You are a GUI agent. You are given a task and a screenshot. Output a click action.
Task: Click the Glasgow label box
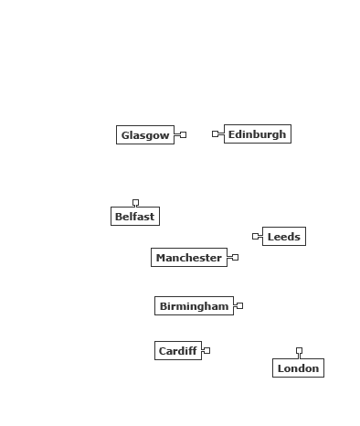click(x=145, y=134)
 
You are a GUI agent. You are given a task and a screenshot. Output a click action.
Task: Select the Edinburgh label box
click(x=258, y=133)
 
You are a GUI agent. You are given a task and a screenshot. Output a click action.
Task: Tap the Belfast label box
click(x=135, y=217)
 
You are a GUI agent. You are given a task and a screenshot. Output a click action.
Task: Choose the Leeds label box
click(x=284, y=236)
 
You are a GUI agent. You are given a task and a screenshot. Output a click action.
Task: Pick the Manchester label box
click(x=189, y=258)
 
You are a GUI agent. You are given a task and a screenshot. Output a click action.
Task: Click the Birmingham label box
click(x=195, y=306)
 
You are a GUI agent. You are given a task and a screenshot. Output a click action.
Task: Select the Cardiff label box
click(x=178, y=351)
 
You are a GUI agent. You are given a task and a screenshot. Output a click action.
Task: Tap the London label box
click(x=299, y=368)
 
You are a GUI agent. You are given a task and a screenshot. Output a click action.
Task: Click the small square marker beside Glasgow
click(x=183, y=134)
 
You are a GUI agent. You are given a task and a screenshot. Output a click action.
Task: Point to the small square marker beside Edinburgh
click(x=216, y=133)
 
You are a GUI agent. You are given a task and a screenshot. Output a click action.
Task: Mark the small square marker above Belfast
click(x=135, y=203)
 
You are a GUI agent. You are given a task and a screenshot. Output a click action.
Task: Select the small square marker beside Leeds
click(x=256, y=236)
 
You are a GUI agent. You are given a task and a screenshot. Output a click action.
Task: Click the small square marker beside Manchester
click(x=235, y=258)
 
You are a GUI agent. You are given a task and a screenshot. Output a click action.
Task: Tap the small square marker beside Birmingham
click(x=239, y=305)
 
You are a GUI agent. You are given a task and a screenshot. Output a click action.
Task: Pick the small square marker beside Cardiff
click(x=206, y=351)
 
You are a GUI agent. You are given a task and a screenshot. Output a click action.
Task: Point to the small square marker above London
click(x=300, y=351)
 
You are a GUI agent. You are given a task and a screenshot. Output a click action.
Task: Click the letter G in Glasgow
click(x=124, y=135)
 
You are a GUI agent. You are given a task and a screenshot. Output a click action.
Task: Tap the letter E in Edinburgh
click(x=231, y=134)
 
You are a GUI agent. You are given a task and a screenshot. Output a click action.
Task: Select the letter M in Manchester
click(x=160, y=258)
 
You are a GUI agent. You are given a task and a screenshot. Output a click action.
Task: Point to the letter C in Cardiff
click(x=162, y=351)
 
